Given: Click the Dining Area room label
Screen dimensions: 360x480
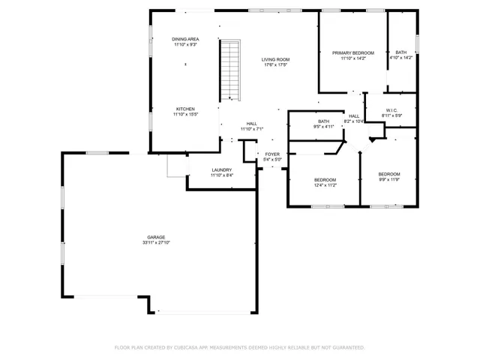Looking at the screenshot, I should [185, 39].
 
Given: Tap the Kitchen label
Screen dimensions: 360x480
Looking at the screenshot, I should [185, 109].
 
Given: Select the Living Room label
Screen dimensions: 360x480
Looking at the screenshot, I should [276, 59].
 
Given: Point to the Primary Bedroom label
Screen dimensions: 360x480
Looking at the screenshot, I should [352, 52].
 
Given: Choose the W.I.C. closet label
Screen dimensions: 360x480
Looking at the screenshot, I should [392, 109].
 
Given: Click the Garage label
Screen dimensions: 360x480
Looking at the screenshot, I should [156, 237].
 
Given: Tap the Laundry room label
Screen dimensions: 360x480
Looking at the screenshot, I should [221, 169].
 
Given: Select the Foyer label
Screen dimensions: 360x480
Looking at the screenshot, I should [272, 154].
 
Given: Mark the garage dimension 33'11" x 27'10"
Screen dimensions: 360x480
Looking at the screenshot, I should [156, 243].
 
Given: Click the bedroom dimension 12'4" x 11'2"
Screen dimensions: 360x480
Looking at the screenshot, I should [325, 185].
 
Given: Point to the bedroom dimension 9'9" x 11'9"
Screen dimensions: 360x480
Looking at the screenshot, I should [388, 179].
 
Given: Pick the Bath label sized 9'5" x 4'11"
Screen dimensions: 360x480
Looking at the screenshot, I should [323, 121].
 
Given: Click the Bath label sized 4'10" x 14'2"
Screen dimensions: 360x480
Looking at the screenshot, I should [401, 52].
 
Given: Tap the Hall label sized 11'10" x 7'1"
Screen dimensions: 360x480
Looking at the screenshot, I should [251, 124].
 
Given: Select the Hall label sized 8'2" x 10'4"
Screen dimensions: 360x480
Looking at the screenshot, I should [354, 116].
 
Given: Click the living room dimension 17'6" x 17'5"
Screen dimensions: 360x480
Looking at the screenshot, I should [276, 65].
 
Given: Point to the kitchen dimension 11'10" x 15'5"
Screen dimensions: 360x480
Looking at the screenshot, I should [185, 115].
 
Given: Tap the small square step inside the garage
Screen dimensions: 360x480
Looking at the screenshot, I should [177, 166].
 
